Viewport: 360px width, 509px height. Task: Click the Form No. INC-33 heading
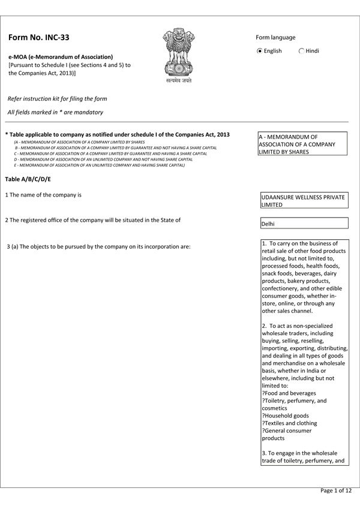pyautogui.click(x=39, y=37)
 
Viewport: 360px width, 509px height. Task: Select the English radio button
pyautogui.click(x=259, y=52)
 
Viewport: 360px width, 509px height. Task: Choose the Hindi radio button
pyautogui.click(x=301, y=52)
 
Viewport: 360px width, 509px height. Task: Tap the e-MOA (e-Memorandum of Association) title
pyautogui.click(x=61, y=56)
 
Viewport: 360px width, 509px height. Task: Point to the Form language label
pyautogui.click(x=275, y=37)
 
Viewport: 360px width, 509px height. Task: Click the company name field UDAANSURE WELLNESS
pyautogui.click(x=304, y=200)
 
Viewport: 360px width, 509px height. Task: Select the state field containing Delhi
pyautogui.click(x=304, y=223)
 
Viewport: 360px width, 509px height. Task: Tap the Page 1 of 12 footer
pyautogui.click(x=336, y=490)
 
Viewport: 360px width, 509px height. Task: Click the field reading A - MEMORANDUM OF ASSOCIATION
pyautogui.click(x=304, y=144)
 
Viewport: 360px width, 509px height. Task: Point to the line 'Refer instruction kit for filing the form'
pyautogui.click(x=57, y=98)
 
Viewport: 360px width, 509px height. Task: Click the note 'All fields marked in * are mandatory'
pyautogui.click(x=55, y=112)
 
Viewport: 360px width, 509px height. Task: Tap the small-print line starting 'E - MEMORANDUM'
pyautogui.click(x=99, y=165)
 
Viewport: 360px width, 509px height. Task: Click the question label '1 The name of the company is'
pyautogui.click(x=43, y=195)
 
